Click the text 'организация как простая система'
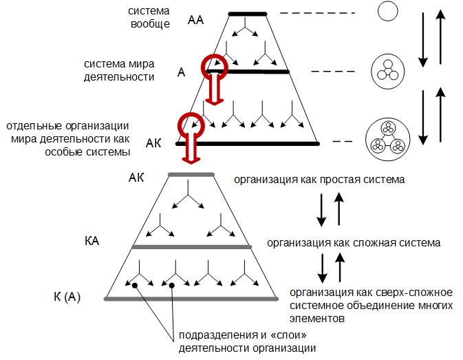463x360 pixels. (319, 180)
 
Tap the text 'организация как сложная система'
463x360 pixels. (354, 243)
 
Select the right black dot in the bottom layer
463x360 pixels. (171, 285)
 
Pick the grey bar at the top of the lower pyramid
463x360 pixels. (191, 175)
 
